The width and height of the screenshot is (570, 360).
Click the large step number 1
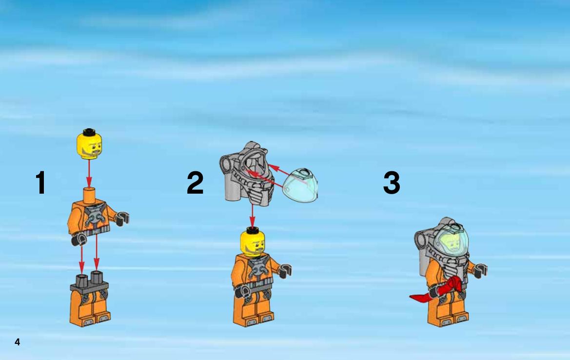[x=41, y=182]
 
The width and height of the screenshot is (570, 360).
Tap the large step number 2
[x=195, y=182]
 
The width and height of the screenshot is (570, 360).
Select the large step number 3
[x=392, y=182]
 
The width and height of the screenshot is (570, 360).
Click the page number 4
[x=17, y=342]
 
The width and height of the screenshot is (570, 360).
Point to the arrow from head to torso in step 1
[x=89, y=174]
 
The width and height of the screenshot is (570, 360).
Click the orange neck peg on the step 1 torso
[x=89, y=195]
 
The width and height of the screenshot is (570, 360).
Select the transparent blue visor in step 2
[x=300, y=185]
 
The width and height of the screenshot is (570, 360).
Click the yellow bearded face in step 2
[x=253, y=243]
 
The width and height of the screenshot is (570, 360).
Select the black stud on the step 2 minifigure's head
[x=252, y=230]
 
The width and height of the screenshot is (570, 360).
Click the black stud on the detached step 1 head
[x=89, y=132]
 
